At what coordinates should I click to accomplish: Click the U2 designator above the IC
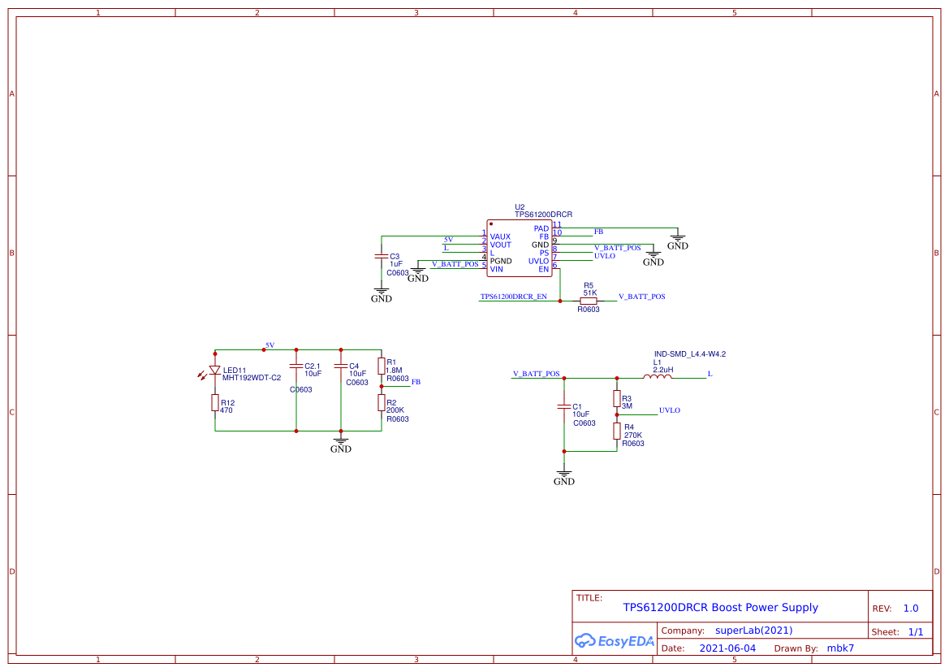(520, 207)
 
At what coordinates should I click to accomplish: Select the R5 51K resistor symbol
(589, 301)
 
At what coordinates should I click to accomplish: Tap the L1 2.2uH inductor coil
(658, 377)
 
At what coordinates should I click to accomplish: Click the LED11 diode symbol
(215, 371)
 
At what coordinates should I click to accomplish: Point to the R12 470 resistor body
(215, 402)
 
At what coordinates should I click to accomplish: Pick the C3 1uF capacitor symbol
(382, 256)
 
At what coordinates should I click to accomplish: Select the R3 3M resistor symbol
(617, 398)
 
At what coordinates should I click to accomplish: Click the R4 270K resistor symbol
(617, 431)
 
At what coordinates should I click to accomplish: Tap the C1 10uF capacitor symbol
(564, 406)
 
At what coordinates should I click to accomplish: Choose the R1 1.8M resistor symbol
(382, 366)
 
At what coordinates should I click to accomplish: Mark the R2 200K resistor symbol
(382, 402)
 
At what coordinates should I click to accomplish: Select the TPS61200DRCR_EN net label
(513, 297)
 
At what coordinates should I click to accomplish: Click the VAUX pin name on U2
(500, 236)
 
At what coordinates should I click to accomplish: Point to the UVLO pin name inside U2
(538, 261)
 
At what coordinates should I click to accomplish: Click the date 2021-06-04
(727, 648)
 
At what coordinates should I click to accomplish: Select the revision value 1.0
(911, 609)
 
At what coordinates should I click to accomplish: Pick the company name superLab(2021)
(753, 631)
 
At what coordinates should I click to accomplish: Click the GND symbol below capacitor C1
(563, 476)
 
